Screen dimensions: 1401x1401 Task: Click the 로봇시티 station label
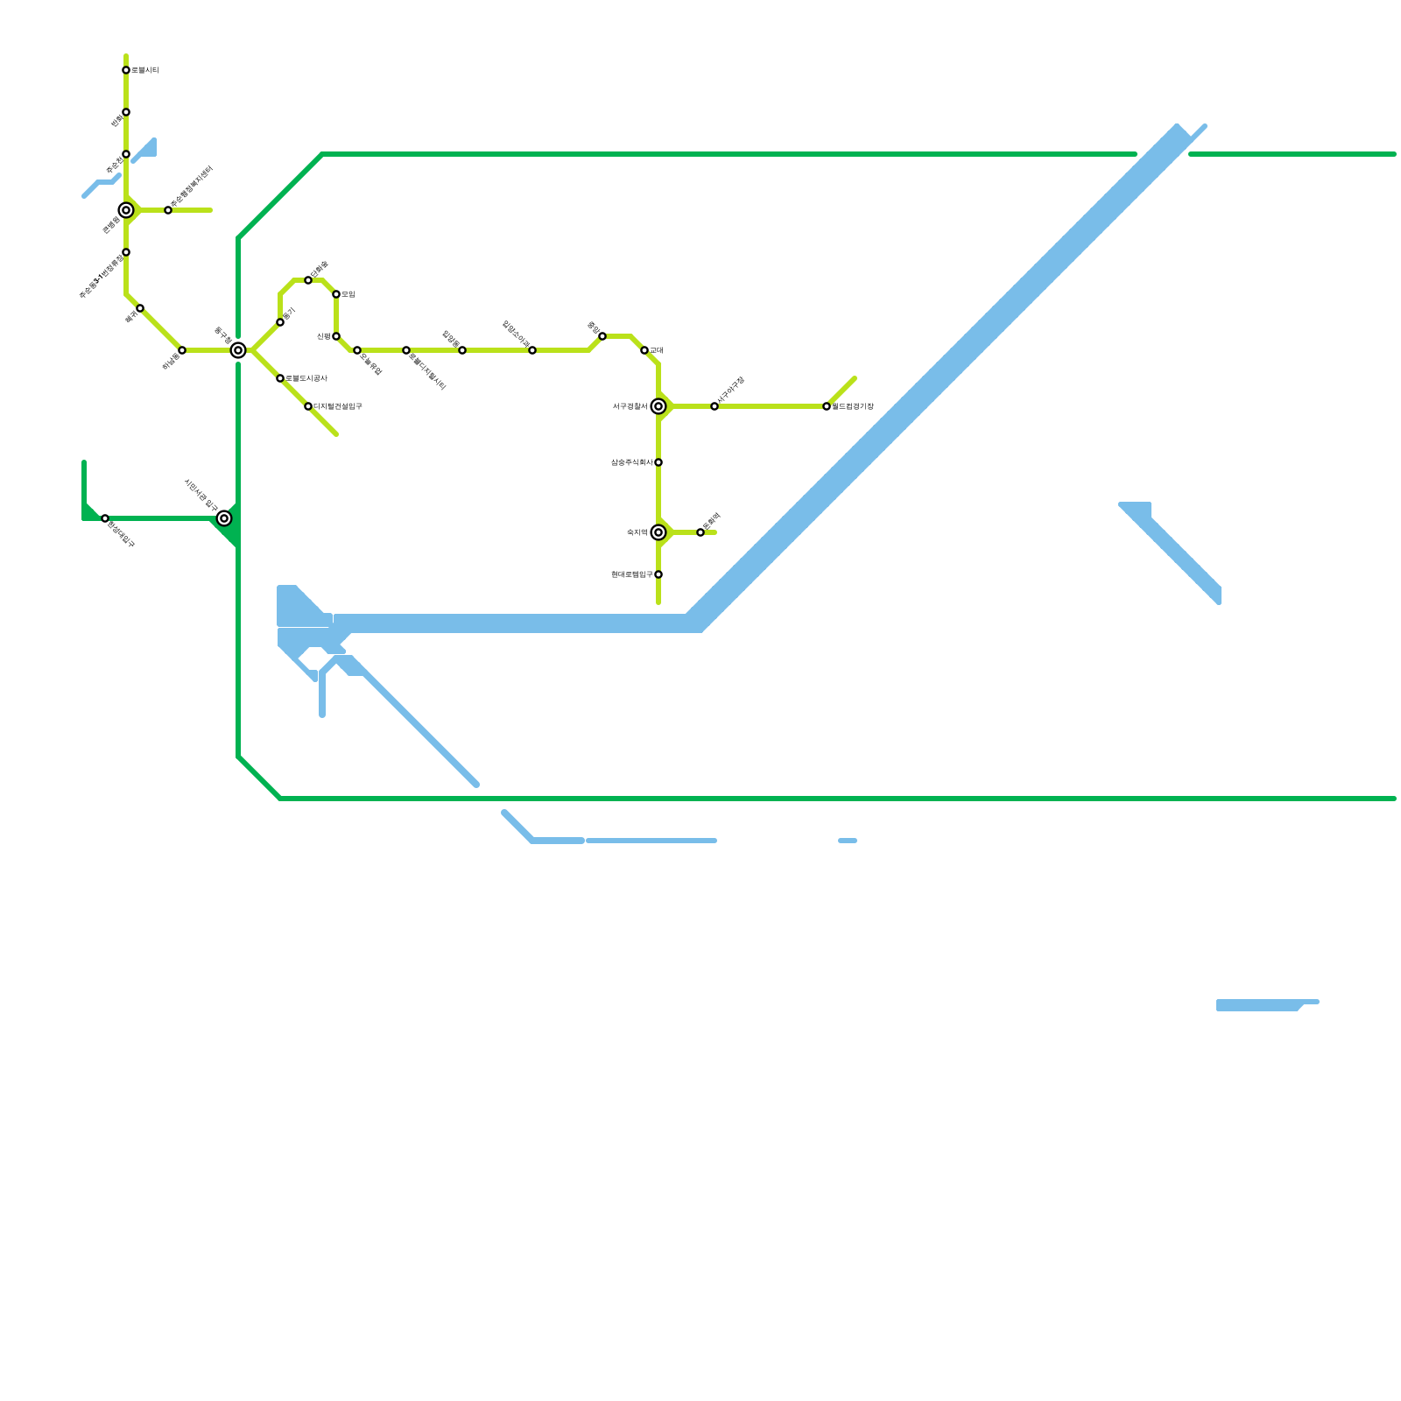click(x=144, y=70)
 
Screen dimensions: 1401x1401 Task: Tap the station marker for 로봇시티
click(x=126, y=70)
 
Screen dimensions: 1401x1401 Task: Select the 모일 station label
click(x=348, y=294)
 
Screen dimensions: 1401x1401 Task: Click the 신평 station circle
click(x=336, y=336)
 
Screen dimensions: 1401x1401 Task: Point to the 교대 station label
click(x=657, y=350)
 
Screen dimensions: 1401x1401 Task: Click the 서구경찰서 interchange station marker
click(x=658, y=406)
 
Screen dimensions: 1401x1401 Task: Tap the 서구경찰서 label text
click(x=630, y=406)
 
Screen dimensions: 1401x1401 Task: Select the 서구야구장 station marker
click(x=715, y=406)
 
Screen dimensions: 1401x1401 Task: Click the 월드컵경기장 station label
click(x=852, y=406)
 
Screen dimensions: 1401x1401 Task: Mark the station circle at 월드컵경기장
click(x=827, y=406)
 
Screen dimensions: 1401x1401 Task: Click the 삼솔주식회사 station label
click(x=631, y=462)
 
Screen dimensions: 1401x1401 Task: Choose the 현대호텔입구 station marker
click(x=658, y=574)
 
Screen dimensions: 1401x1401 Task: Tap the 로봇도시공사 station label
click(x=306, y=378)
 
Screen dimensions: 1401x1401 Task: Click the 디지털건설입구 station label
click(x=337, y=406)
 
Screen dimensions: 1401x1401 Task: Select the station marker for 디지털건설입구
click(x=308, y=406)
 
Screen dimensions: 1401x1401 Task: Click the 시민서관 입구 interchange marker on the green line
click(x=224, y=518)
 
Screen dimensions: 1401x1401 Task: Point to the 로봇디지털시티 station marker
click(x=406, y=350)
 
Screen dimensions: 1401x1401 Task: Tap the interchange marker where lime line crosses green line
click(x=238, y=350)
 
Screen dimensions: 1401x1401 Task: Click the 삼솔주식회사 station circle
click(x=658, y=462)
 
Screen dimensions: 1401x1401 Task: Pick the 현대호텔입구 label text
click(x=631, y=574)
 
